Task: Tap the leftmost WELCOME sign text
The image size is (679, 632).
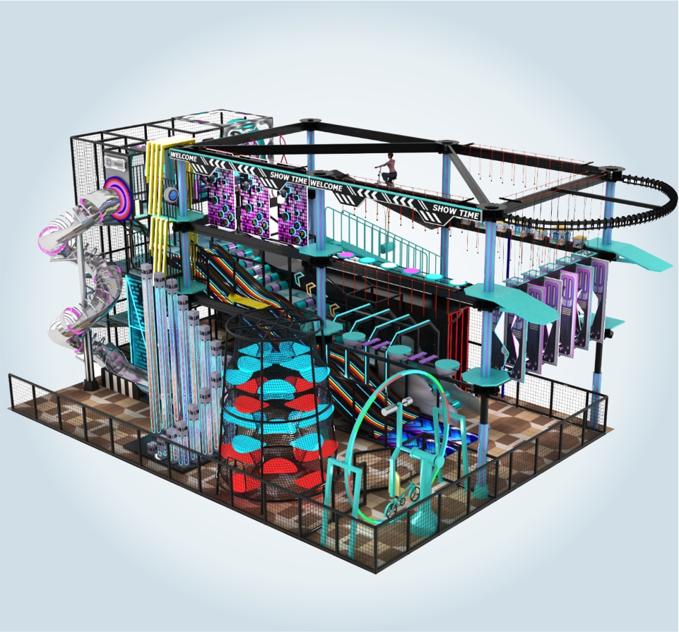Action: point(184,157)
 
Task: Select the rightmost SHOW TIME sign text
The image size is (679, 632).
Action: point(456,211)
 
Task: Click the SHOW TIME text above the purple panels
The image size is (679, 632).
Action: point(289,177)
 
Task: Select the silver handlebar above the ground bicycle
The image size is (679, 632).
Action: point(396,407)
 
